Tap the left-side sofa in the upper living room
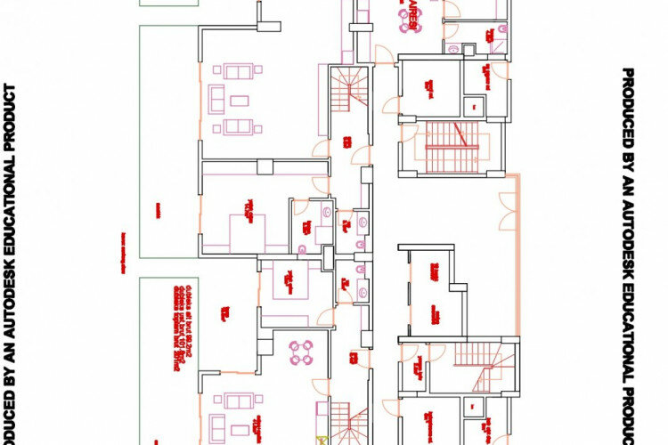[x=215, y=97]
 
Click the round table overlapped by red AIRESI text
[x=408, y=21]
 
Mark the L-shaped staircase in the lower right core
[x=481, y=360]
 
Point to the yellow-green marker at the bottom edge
[x=321, y=439]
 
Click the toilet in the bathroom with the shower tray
[x=327, y=213]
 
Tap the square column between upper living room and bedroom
[x=264, y=166]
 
